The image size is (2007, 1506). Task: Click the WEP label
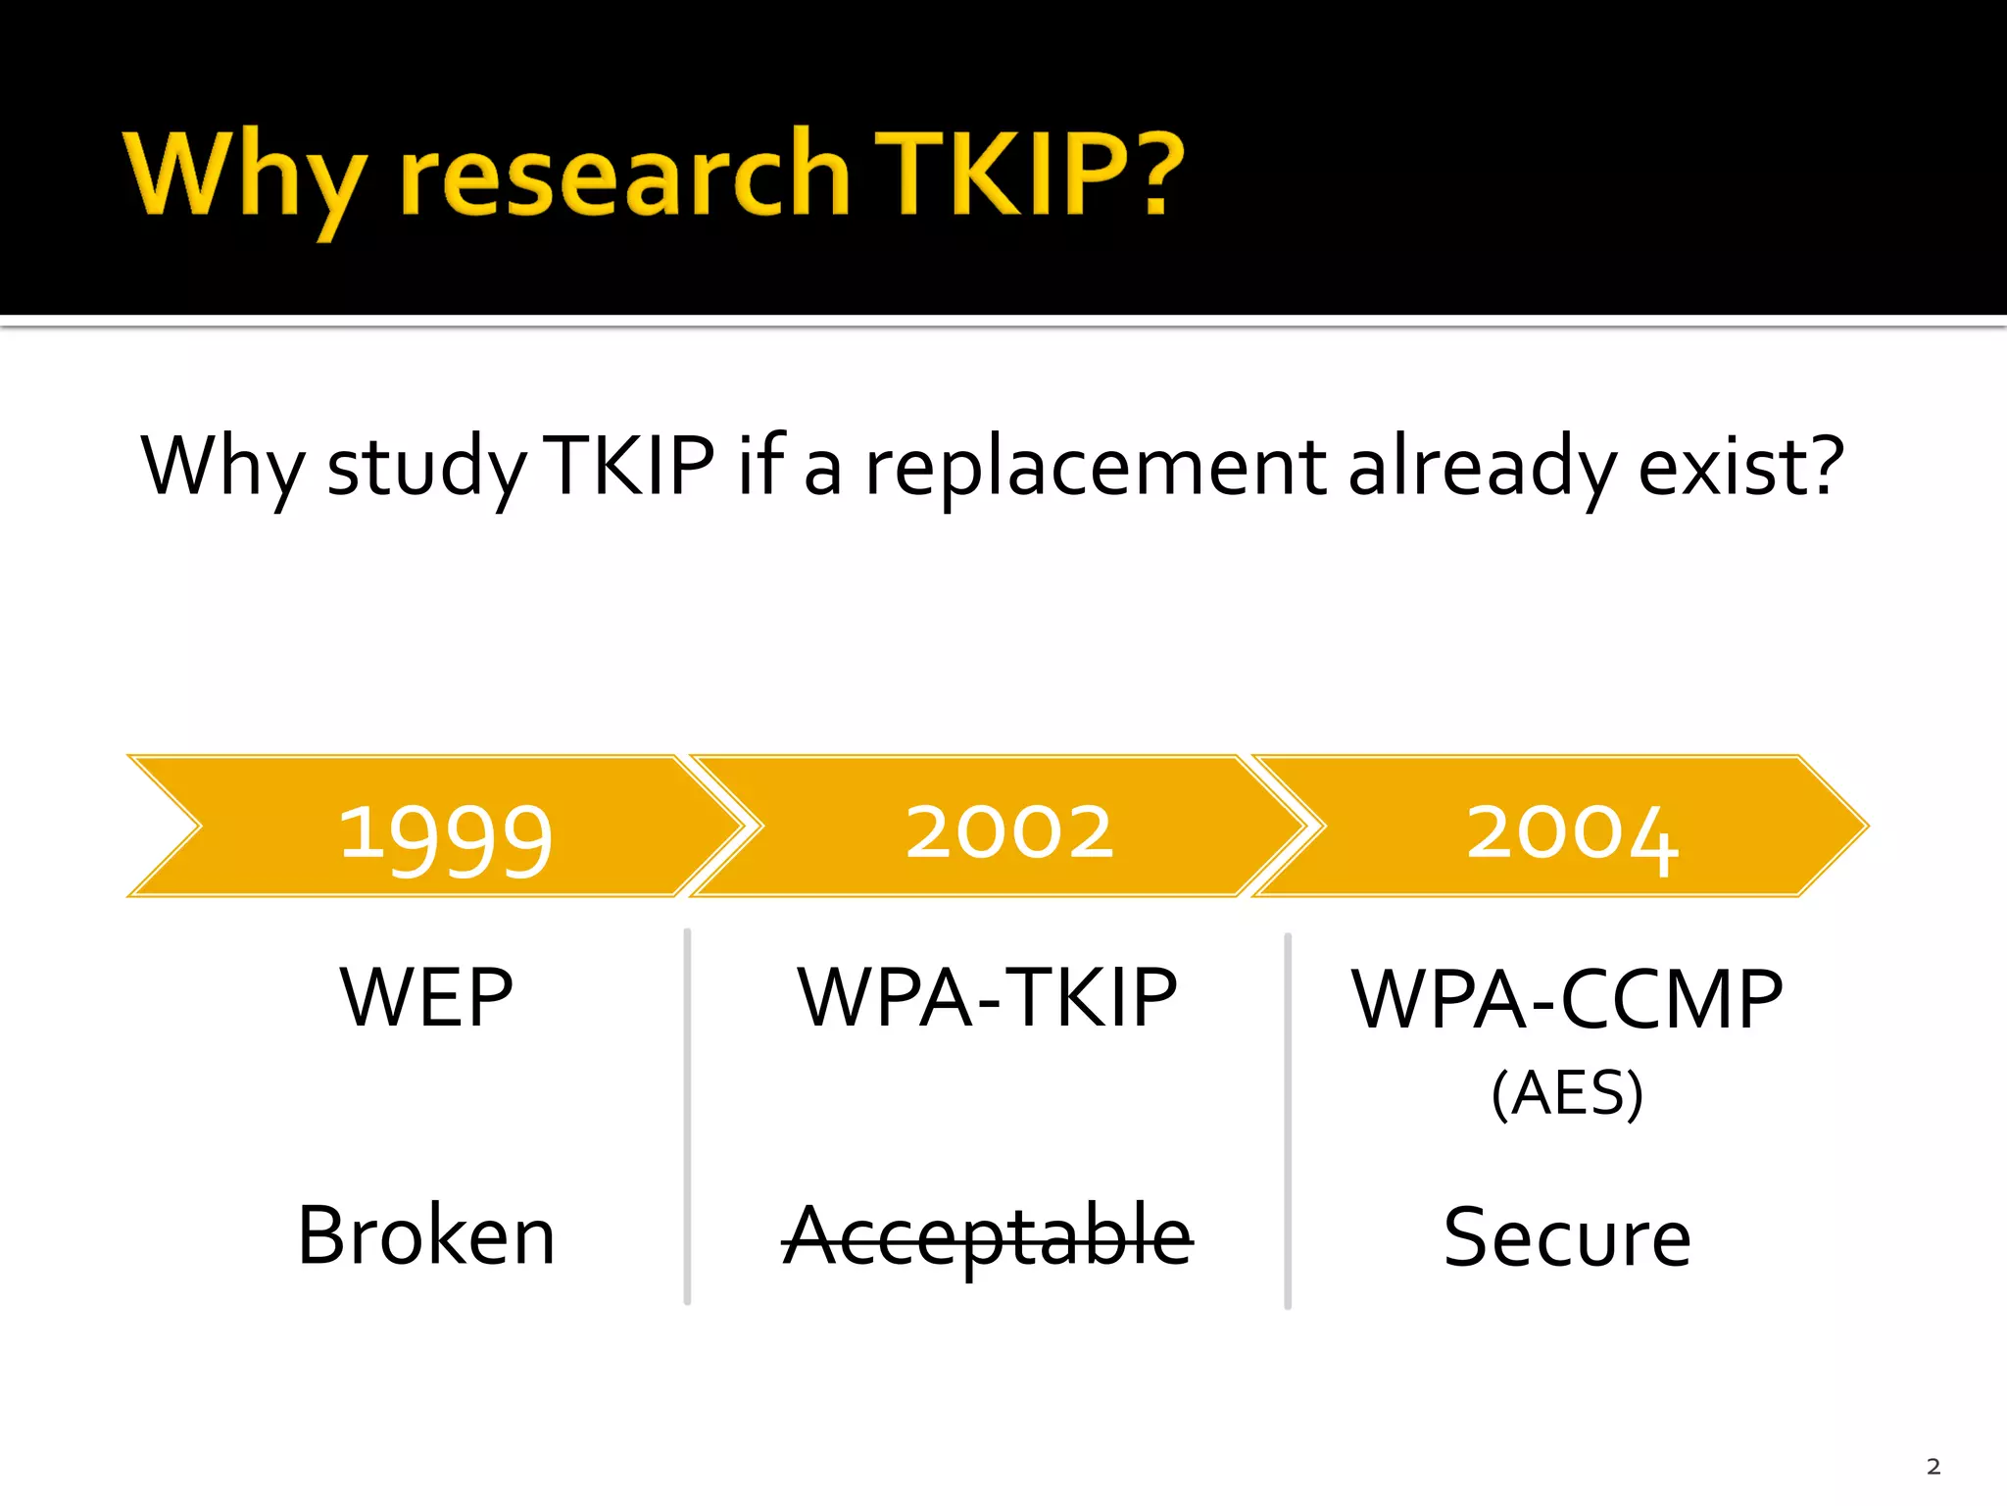(426, 997)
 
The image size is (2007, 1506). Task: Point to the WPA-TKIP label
(987, 997)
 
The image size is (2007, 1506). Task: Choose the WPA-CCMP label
(1567, 999)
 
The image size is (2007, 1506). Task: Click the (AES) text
(1567, 1092)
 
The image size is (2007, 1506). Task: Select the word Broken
(426, 1235)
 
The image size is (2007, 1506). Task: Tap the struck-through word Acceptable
(987, 1236)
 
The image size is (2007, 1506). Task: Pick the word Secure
(1567, 1238)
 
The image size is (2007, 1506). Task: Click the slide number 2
(1933, 1467)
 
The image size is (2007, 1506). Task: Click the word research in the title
(625, 175)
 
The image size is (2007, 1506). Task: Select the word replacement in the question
(1095, 468)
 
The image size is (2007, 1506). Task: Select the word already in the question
(1482, 470)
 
